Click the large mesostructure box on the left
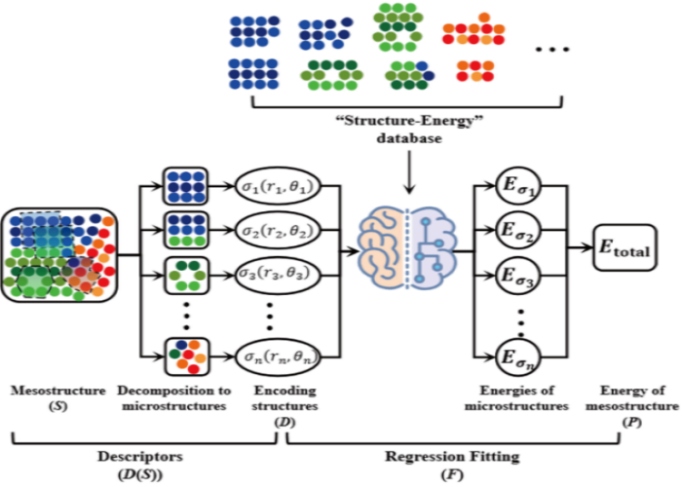click(59, 254)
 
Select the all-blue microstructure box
click(184, 184)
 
